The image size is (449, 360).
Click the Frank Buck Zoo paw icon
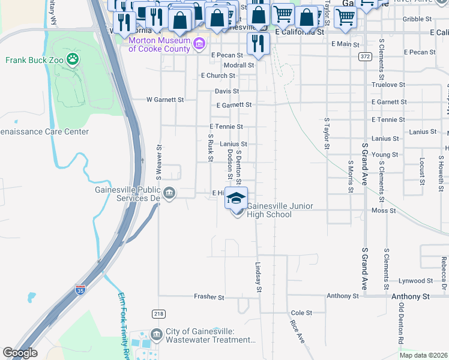pos(73,59)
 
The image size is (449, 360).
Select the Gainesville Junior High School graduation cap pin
pos(237,197)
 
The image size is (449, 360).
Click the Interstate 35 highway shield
pos(80,290)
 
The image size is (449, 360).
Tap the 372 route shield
pos(364,56)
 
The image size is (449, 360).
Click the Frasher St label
pos(209,296)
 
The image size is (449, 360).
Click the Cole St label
pos(301,313)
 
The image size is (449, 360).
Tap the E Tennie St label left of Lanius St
pos(226,127)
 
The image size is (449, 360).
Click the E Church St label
pos(218,76)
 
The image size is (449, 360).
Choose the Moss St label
pos(379,211)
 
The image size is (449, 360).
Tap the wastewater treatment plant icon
pos(157,334)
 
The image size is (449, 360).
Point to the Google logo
pos(20,353)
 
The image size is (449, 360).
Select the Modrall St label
pos(239,65)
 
